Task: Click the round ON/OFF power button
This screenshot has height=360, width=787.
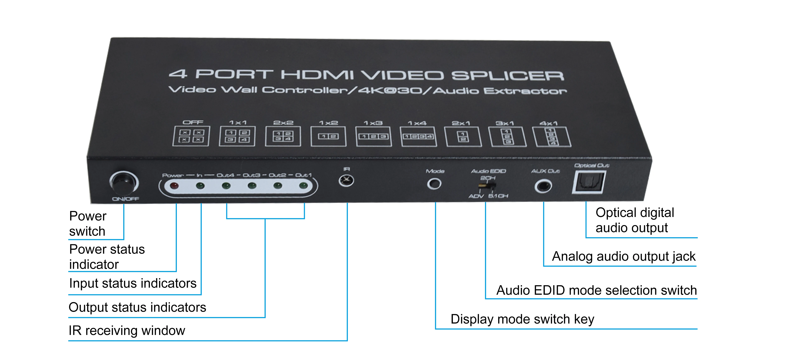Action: pos(124,183)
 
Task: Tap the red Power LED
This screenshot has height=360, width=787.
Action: pos(174,186)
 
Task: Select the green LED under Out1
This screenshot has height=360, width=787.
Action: pos(303,185)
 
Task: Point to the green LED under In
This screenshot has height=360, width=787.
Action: pos(200,186)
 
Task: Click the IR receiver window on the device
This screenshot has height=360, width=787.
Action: pos(346,180)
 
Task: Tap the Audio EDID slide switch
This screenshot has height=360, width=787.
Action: pos(487,186)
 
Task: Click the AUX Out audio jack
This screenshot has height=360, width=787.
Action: pos(543,186)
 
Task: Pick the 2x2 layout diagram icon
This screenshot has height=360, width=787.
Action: pos(283,136)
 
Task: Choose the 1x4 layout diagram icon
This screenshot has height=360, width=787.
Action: pos(418,136)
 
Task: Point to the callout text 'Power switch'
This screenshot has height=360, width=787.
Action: pos(88,224)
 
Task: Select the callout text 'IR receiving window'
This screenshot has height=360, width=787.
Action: pos(127,330)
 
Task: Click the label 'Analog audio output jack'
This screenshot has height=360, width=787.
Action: pos(623,256)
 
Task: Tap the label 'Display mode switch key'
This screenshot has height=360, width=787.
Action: pos(522,319)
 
